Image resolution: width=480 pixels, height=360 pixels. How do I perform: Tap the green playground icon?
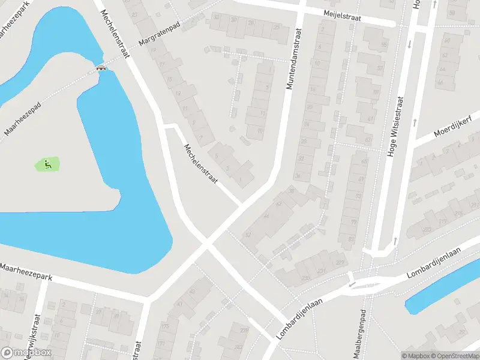47,163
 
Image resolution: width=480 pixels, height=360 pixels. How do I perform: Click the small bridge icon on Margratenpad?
101,68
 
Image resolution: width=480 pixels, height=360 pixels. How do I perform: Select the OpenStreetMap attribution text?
456,356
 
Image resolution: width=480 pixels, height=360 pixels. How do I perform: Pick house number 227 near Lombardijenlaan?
341,262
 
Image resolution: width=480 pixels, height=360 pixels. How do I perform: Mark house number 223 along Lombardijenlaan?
427,230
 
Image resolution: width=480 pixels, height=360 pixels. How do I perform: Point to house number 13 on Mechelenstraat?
178,94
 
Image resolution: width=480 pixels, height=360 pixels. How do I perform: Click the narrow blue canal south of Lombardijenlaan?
441,295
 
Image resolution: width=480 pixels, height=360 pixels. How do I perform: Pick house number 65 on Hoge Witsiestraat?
364,161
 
